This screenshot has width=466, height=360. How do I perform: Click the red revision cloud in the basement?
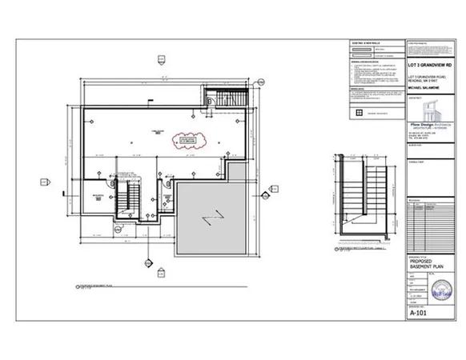coord(190,142)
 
